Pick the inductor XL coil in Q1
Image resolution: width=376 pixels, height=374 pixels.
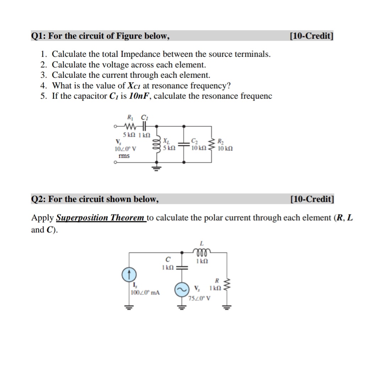[156, 145]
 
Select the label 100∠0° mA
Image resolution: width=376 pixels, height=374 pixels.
[145, 293]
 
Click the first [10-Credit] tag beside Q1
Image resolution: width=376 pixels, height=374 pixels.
[311, 36]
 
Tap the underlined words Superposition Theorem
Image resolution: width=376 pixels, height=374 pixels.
[100, 218]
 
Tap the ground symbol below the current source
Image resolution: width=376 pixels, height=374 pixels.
[128, 307]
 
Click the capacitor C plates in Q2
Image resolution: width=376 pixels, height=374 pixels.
[182, 268]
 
